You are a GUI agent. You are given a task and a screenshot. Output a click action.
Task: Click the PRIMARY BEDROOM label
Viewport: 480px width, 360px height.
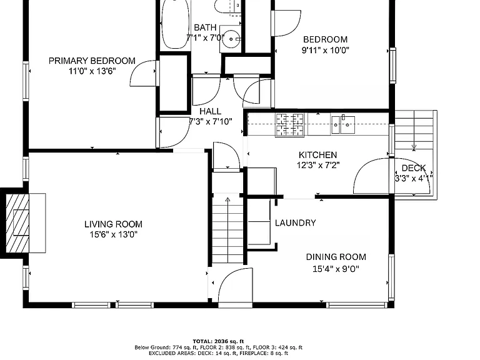[92, 61]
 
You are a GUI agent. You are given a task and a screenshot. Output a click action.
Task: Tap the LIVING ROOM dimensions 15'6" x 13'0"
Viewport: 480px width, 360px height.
[114, 235]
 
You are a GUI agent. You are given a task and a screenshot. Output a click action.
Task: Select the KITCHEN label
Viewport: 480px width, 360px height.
[317, 155]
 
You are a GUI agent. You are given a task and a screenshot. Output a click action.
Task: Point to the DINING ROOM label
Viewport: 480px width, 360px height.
[336, 257]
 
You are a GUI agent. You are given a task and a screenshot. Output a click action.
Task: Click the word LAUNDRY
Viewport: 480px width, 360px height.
[296, 222]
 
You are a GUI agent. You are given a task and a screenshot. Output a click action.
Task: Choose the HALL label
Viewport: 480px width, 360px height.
[210, 111]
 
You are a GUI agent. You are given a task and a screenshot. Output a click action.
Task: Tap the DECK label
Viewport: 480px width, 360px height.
[414, 168]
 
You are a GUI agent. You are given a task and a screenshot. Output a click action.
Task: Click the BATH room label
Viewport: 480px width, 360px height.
[205, 27]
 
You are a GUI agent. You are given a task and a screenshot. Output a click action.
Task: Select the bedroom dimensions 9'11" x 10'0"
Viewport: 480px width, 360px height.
[326, 50]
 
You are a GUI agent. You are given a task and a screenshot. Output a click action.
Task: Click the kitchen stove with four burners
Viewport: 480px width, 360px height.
[290, 124]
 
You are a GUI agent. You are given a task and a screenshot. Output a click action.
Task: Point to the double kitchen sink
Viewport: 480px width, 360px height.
[342, 125]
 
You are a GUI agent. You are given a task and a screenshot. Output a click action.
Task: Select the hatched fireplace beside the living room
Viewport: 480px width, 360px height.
[17, 223]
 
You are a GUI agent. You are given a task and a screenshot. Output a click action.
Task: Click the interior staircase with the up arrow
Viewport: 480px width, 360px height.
[227, 228]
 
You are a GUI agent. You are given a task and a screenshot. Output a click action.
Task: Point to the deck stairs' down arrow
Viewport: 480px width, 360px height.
[414, 131]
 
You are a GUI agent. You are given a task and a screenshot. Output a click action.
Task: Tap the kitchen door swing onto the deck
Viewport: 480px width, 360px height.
[372, 176]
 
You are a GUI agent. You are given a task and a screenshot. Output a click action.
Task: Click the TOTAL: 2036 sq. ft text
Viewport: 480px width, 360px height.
[218, 341]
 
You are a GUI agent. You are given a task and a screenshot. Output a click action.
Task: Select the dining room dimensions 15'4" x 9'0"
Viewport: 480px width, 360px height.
[336, 269]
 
